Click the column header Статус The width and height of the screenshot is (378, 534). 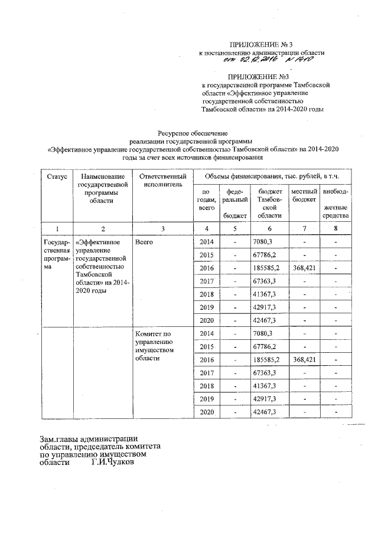click(x=54, y=176)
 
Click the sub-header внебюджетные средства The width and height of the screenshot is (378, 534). click(x=335, y=204)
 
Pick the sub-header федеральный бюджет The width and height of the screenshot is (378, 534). click(x=235, y=204)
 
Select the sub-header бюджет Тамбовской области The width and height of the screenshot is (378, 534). click(x=270, y=204)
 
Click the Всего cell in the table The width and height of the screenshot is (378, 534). click(x=144, y=243)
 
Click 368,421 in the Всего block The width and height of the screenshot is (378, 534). click(x=305, y=267)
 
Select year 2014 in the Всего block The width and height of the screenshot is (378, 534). click(x=207, y=243)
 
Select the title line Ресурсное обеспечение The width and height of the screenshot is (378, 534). click(x=192, y=133)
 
